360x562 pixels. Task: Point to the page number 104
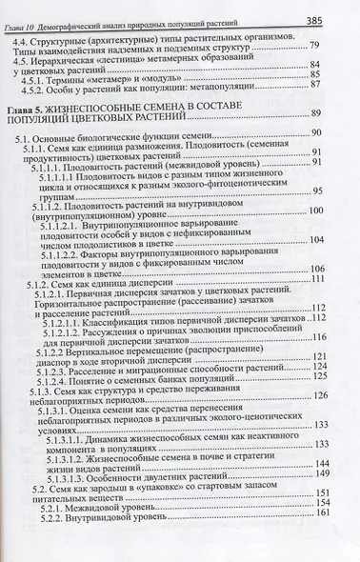tap(337, 279)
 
